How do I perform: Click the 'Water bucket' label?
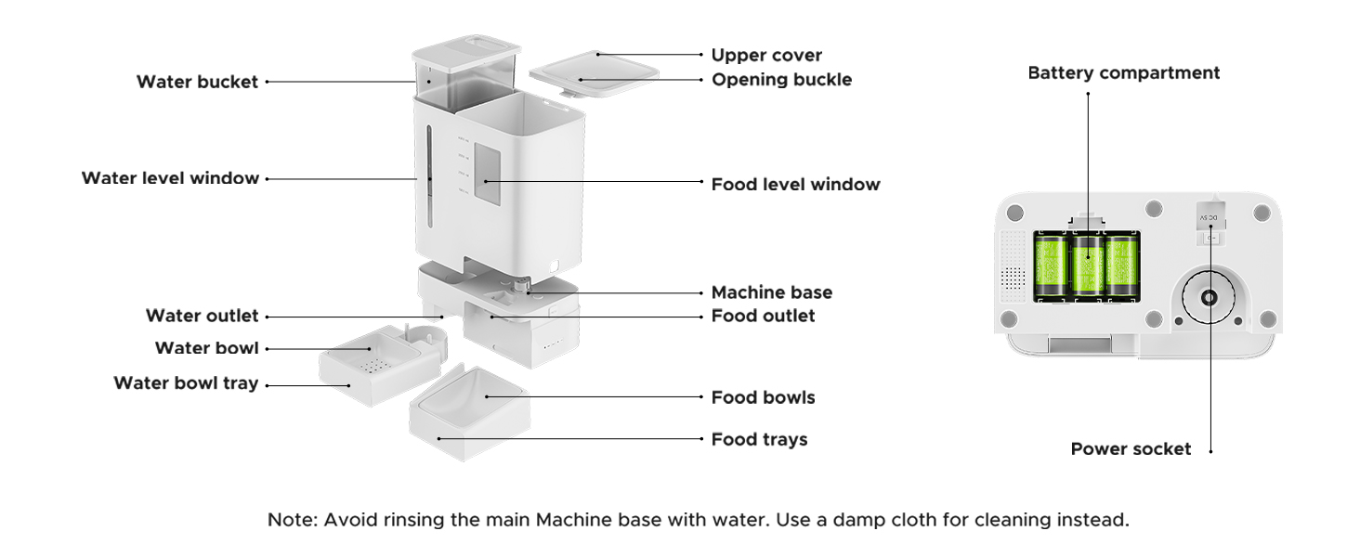click(197, 82)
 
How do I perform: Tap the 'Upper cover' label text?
click(766, 55)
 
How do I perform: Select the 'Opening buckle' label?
click(781, 80)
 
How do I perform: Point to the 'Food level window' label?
click(795, 184)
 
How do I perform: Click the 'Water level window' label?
click(171, 178)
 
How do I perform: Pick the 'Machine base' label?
click(772, 292)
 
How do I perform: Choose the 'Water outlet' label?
click(203, 316)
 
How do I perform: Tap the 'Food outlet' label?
click(763, 316)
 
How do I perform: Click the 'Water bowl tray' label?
click(186, 383)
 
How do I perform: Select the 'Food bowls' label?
click(763, 397)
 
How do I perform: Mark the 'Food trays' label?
click(759, 439)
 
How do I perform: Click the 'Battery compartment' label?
click(1123, 72)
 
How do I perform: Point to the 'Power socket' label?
click(1131, 449)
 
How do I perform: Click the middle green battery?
click(1088, 266)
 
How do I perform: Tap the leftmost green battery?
click(1051, 266)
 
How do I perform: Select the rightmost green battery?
click(1122, 266)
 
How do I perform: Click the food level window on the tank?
click(487, 175)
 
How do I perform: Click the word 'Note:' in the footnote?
click(293, 520)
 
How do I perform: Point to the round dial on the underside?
click(1209, 297)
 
